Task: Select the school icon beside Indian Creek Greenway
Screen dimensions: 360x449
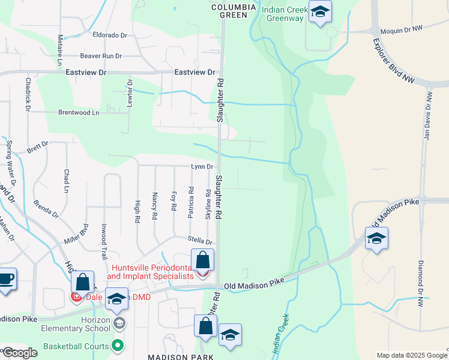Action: [x=321, y=12]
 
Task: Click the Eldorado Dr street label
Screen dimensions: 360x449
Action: [x=110, y=35]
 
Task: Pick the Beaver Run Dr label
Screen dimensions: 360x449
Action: [x=101, y=56]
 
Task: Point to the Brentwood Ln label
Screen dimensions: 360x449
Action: [x=79, y=112]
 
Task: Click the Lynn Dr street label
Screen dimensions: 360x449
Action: [x=202, y=166]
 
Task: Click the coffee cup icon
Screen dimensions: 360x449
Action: [x=5, y=279]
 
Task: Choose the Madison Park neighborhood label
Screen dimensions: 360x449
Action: [x=181, y=356]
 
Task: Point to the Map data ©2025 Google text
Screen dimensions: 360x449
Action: [x=411, y=355]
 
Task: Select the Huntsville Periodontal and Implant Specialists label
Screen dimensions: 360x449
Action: [x=151, y=271]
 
